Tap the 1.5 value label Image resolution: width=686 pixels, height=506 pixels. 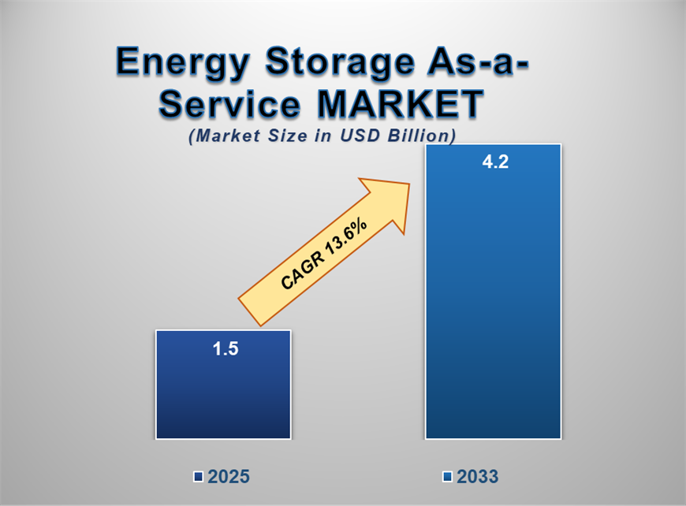point(225,348)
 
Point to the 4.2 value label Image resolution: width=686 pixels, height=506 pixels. point(493,164)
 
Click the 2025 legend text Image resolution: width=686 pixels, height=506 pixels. point(229,477)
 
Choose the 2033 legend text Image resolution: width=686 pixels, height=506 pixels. point(476,477)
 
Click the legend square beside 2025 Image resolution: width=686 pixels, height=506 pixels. point(199,477)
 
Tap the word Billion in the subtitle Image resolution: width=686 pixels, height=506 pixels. point(423,136)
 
